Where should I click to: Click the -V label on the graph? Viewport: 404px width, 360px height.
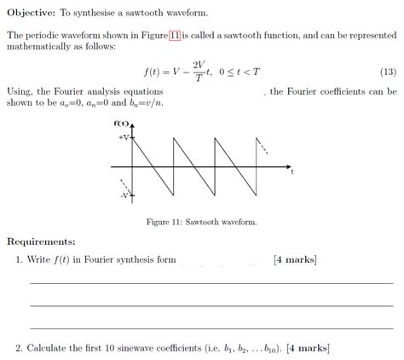coord(124,195)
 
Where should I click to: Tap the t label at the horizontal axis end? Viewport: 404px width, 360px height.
coord(291,171)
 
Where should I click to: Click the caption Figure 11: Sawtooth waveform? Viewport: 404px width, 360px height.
coord(202,222)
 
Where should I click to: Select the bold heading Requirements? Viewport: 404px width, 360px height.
coord(41,241)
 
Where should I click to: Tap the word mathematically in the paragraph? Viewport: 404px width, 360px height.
coord(40,49)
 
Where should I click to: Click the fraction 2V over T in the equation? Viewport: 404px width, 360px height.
coord(199,72)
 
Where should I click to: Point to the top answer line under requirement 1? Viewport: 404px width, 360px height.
coord(211,282)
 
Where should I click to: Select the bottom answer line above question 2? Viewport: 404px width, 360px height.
coord(211,327)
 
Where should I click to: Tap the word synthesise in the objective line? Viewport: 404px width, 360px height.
coord(101,14)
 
